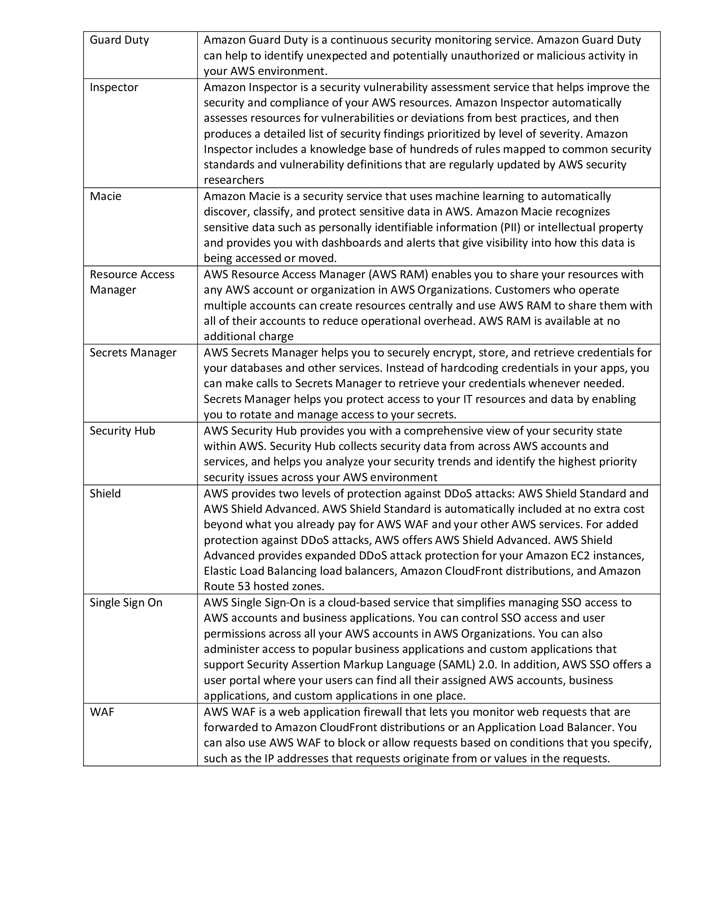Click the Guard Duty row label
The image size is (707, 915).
pyautogui.click(x=119, y=40)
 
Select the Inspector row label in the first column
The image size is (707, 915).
pyautogui.click(x=114, y=87)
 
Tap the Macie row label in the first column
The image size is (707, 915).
pyautogui.click(x=106, y=196)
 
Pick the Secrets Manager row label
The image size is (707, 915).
pyautogui.click(x=133, y=352)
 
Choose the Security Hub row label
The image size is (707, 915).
pyautogui.click(x=122, y=431)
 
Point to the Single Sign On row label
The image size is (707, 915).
pyautogui.click(x=126, y=603)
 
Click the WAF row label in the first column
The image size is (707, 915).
pyautogui.click(x=102, y=712)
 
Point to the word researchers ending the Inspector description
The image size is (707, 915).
pyautogui.click(x=234, y=180)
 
